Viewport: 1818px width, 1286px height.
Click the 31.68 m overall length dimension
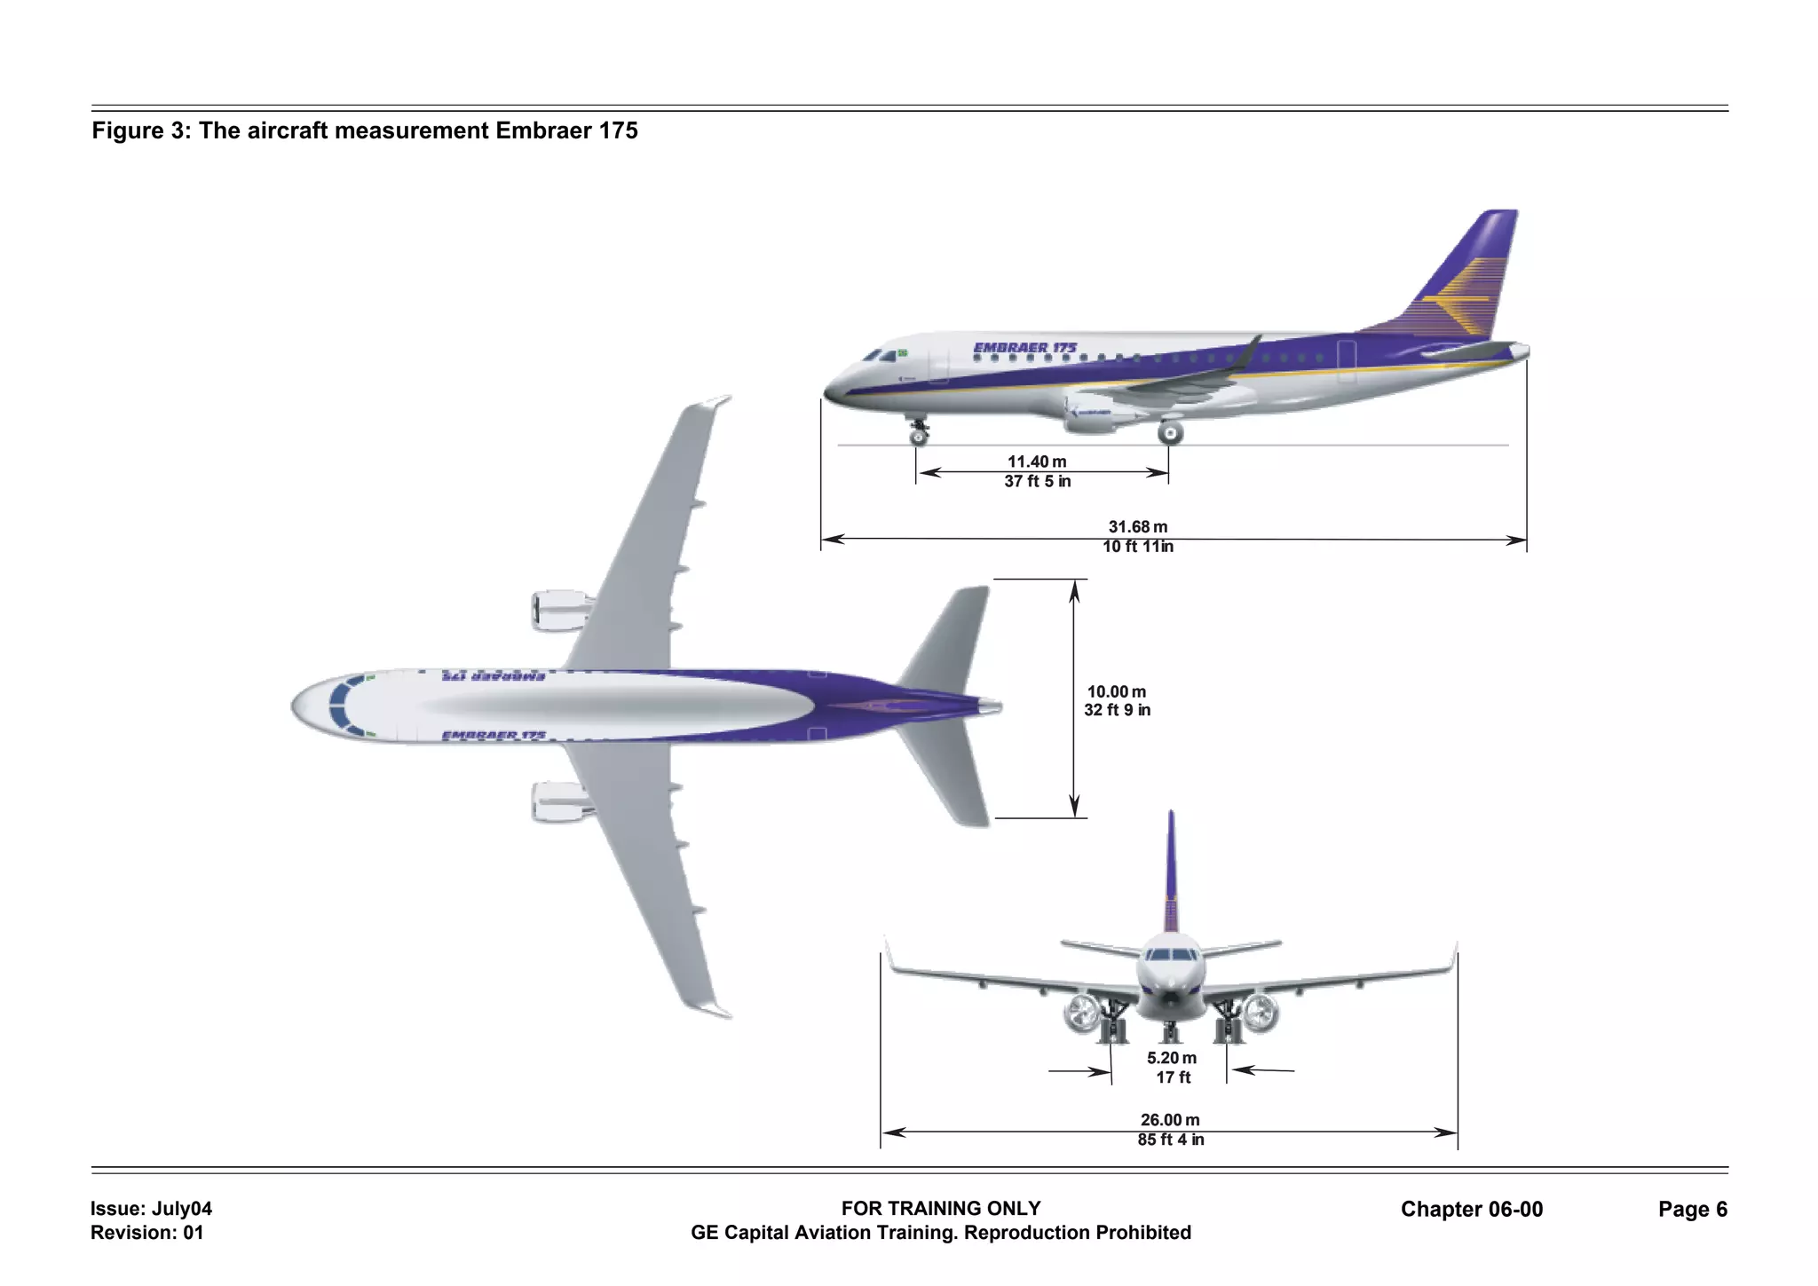coord(1138,527)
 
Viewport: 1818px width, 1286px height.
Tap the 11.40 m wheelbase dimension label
coord(1037,462)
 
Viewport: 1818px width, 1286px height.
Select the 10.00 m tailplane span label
coord(1117,691)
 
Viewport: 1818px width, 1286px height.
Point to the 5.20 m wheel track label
coord(1171,1058)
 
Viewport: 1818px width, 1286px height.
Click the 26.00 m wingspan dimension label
coord(1170,1120)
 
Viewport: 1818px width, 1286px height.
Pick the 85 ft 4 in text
coord(1171,1140)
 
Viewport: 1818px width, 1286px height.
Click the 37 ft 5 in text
coord(1038,481)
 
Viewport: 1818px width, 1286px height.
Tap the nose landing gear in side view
coord(919,432)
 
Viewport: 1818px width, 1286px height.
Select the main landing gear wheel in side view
coord(1171,433)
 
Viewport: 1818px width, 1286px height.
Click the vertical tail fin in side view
coord(1465,275)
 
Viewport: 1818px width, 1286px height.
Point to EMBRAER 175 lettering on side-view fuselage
coord(1024,348)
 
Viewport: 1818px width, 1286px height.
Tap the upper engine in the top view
coord(559,611)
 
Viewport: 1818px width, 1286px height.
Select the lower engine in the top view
coord(559,801)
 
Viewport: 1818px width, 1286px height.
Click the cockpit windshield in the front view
coord(1171,955)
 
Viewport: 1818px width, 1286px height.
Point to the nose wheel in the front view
coord(1171,1032)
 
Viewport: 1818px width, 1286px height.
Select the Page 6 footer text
coord(1692,1209)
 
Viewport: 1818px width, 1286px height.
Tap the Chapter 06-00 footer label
coord(1471,1209)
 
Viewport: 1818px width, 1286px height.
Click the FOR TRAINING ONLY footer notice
coord(941,1208)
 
